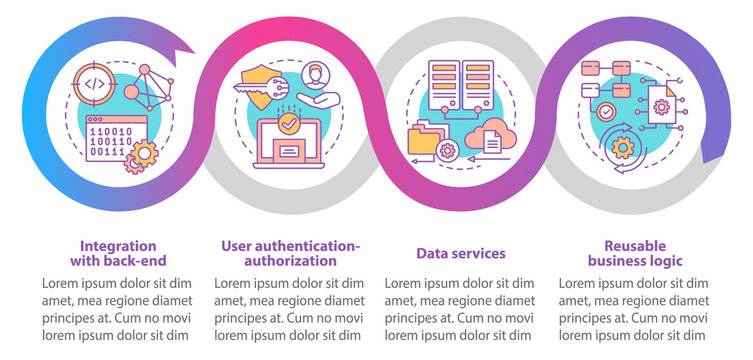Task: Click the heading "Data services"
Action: coord(461,253)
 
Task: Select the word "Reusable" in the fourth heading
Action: coord(635,246)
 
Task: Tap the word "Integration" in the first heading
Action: coord(118,246)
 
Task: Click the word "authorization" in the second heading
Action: coord(290,261)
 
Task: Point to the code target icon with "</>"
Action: coord(94,84)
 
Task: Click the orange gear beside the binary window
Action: coord(145,153)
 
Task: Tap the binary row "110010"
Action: coord(111,131)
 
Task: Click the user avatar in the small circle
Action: coord(315,76)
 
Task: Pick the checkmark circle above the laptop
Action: coord(289,124)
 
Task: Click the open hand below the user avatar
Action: coord(318,99)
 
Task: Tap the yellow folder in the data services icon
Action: coord(423,138)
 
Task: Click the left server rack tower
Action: coord(444,85)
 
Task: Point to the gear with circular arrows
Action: coord(623,148)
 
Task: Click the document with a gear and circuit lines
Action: coord(661,105)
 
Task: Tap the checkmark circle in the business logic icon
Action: coord(607,112)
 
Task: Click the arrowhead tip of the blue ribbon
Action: coord(194,52)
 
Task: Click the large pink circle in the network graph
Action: coord(131,91)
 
